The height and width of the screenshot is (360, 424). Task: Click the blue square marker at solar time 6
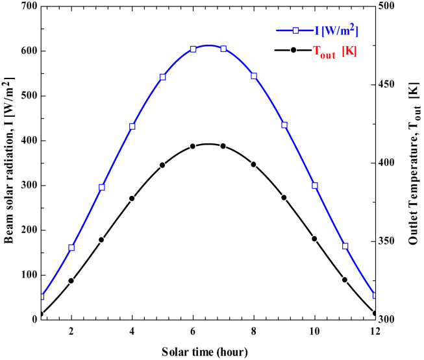[193, 49]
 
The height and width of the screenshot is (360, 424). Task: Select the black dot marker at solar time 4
[132, 198]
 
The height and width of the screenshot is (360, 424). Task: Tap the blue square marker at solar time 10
[315, 186]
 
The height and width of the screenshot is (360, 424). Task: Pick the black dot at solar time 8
[254, 164]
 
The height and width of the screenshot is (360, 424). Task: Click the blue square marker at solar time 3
[102, 187]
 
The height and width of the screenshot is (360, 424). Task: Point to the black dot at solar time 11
[345, 280]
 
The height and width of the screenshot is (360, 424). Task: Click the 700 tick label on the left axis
[25, 6]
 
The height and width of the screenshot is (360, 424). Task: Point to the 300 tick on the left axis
[25, 186]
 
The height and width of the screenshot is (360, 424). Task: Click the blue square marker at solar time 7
[223, 49]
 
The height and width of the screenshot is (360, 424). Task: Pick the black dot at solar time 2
[71, 281]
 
